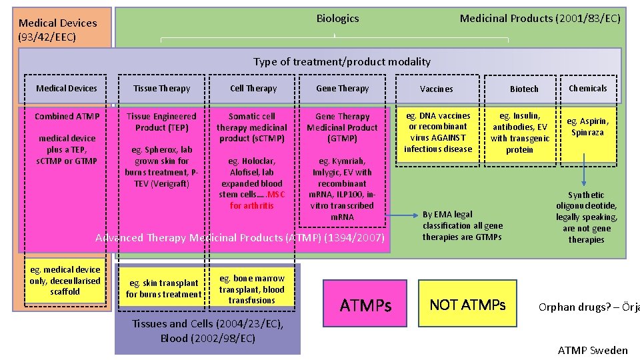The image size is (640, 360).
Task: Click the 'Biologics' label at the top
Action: (337, 19)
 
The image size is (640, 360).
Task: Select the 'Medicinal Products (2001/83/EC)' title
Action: (540, 19)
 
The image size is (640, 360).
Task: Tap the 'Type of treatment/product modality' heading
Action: (341, 62)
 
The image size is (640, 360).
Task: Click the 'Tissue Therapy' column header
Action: (161, 89)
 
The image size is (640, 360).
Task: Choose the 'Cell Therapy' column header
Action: (253, 89)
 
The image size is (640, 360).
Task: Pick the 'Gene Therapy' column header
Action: (343, 89)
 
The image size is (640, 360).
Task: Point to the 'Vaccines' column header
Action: (437, 89)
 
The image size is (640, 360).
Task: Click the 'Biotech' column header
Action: (524, 89)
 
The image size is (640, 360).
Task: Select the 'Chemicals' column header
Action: (587, 89)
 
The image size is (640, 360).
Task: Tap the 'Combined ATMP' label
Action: (67, 117)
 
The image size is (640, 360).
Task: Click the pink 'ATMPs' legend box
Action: (365, 305)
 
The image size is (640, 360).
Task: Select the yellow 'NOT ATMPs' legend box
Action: (467, 305)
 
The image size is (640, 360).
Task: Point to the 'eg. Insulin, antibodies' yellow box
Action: (520, 133)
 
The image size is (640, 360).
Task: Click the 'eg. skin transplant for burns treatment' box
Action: (163, 289)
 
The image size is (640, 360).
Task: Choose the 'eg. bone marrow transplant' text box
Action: (251, 289)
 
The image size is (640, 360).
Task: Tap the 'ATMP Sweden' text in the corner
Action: (593, 351)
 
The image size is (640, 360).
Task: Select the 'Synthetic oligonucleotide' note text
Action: (587, 217)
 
